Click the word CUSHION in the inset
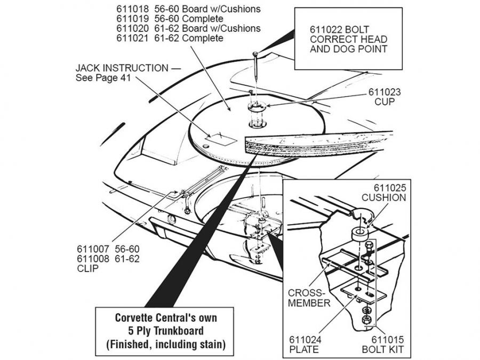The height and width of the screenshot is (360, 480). (383, 197)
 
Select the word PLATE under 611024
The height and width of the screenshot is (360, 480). (305, 350)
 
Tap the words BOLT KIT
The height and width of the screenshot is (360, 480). (382, 350)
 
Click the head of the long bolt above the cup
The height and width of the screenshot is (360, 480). (256, 53)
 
